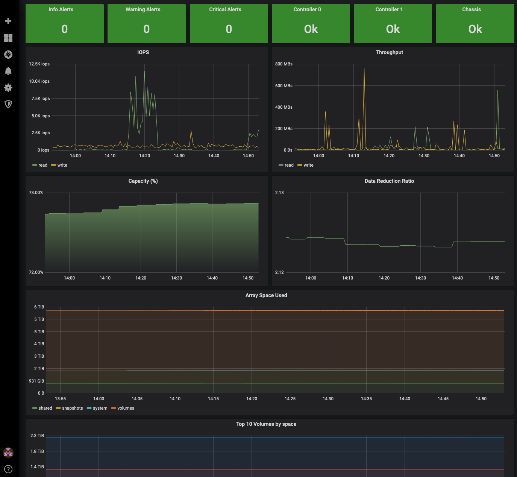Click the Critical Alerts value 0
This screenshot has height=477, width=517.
tap(229, 29)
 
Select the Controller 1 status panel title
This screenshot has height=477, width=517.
tap(389, 9)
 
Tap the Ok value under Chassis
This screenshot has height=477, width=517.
tap(475, 29)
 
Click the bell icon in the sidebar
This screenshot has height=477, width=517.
tap(8, 71)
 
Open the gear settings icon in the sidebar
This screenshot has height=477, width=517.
tap(8, 88)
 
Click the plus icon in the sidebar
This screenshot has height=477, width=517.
tap(8, 21)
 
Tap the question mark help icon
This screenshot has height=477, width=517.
tap(8, 469)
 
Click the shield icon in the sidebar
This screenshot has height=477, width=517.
tap(8, 104)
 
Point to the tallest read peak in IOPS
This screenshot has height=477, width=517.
tap(144, 71)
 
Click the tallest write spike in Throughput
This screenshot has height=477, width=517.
tap(364, 69)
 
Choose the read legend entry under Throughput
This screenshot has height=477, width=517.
tap(286, 165)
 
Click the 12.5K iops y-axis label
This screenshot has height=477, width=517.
tap(39, 64)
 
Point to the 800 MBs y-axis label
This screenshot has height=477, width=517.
tap(284, 64)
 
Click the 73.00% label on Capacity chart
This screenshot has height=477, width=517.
tap(36, 193)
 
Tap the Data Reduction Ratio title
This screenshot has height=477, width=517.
tap(389, 181)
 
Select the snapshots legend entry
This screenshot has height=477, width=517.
tap(69, 408)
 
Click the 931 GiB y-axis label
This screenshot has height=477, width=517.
tap(36, 381)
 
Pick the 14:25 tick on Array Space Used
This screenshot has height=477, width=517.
tap(290, 399)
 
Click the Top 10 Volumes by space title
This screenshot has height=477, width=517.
tap(266, 424)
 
